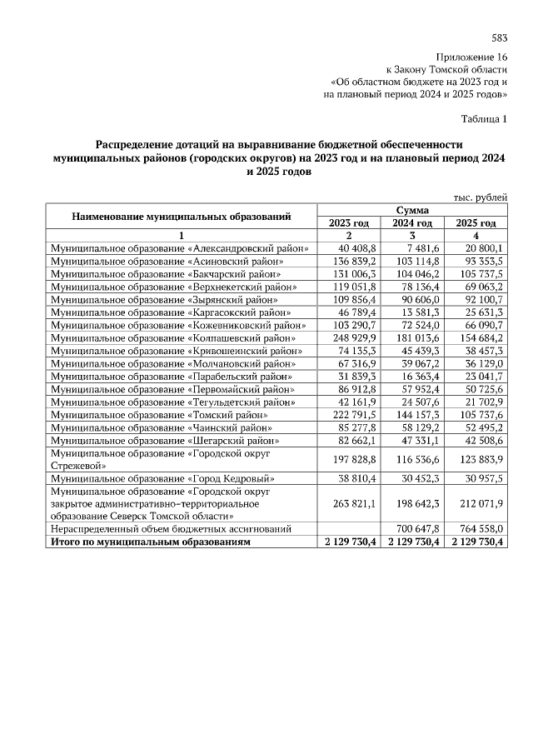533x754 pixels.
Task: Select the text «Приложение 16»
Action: (477, 56)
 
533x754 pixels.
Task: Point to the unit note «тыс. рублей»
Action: (480, 197)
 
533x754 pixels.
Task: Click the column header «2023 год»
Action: (348, 222)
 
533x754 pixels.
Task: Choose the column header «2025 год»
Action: (476, 222)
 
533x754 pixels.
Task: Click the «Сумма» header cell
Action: (412, 210)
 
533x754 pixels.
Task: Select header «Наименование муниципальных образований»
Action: (181, 217)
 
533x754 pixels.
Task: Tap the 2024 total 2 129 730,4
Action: (412, 542)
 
